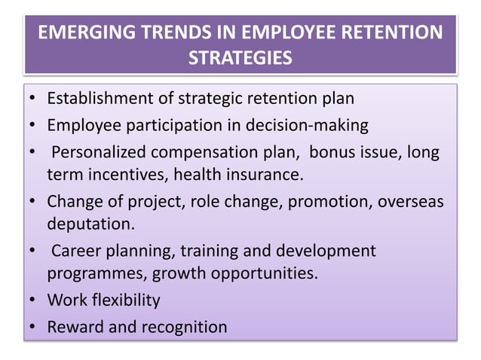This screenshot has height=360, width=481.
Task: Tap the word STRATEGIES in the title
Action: pos(240,58)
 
